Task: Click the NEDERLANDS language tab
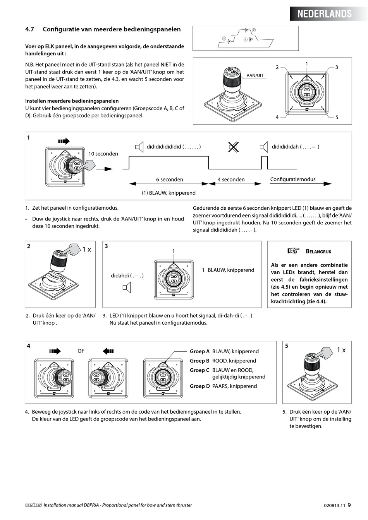click(x=324, y=14)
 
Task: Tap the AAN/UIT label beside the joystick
click(x=255, y=75)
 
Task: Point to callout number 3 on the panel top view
click(x=337, y=67)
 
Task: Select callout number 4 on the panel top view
click(x=277, y=117)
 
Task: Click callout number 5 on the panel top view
click(x=337, y=117)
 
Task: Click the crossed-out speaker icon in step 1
click(x=233, y=147)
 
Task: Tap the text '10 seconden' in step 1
click(x=103, y=154)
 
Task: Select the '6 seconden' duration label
click(x=169, y=180)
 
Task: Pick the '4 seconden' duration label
click(x=231, y=180)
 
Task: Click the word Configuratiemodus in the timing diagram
click(x=292, y=179)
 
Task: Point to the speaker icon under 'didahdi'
click(x=127, y=287)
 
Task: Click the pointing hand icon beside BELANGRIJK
click(x=293, y=251)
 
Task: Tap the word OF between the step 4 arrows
click(x=81, y=351)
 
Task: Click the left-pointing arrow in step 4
click(x=109, y=351)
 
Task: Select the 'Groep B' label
click(x=199, y=361)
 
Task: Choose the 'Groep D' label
click(x=199, y=386)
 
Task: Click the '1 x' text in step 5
click(x=341, y=350)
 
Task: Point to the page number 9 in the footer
click(x=349, y=505)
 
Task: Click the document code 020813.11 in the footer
click(x=334, y=505)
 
